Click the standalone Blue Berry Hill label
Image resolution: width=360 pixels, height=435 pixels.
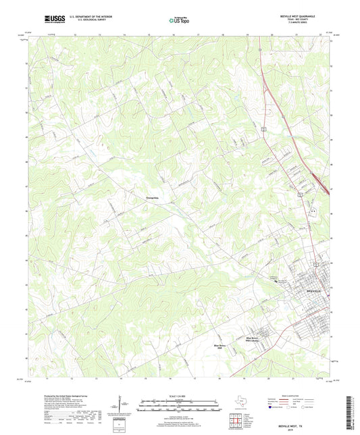pyautogui.click(x=220, y=346)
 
